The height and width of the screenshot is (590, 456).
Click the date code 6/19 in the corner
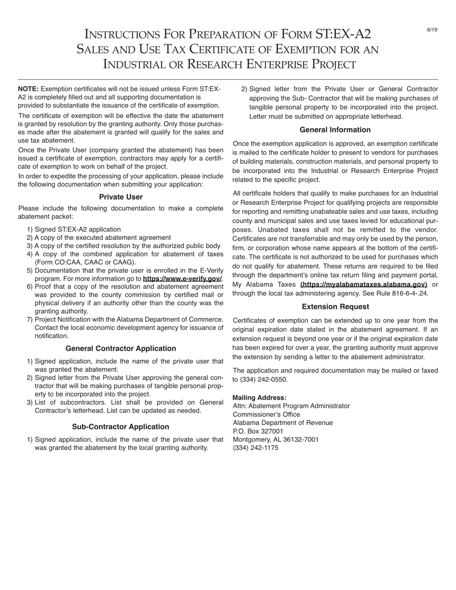point(432,30)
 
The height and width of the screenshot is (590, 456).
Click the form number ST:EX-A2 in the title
point(343,34)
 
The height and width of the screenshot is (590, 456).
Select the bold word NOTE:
point(28,89)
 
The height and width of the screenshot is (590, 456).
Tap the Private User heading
point(120,197)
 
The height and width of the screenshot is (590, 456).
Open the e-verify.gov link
point(182,279)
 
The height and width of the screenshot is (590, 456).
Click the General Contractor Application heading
point(120,348)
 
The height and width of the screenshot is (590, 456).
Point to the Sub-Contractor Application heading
point(120,426)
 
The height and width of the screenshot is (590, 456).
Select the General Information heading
point(335,130)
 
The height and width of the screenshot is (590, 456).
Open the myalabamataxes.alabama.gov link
point(363,284)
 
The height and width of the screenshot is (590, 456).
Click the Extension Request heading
point(335,307)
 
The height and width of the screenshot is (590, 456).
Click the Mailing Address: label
point(259,398)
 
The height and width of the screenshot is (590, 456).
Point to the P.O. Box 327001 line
point(258,431)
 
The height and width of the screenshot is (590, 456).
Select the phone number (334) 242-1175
point(255,448)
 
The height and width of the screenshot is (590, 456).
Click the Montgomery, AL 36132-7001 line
point(276,439)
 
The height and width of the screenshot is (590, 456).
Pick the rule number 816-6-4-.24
point(408,293)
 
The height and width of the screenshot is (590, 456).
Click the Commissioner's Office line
point(266,414)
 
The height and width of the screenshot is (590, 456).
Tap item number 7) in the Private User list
point(30,319)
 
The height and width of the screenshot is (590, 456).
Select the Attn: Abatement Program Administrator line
point(291,406)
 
